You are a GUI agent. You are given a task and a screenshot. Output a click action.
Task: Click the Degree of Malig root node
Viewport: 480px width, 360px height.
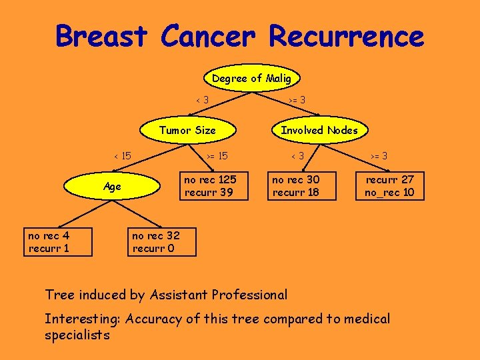click(251, 79)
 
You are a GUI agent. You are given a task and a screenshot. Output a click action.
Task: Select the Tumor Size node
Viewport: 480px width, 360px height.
click(187, 131)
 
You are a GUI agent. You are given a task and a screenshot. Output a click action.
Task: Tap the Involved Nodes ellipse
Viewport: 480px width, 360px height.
click(319, 131)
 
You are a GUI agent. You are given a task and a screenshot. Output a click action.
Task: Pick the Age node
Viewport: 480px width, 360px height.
click(113, 187)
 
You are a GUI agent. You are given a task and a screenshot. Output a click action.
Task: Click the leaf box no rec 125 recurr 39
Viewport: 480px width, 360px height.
click(210, 187)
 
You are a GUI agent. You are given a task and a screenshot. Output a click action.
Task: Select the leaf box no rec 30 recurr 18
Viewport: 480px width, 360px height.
click(295, 187)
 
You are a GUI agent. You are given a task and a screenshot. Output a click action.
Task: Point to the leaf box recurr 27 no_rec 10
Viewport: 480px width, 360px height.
click(389, 187)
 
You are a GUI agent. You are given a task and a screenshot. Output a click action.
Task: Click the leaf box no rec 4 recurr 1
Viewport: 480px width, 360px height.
click(49, 243)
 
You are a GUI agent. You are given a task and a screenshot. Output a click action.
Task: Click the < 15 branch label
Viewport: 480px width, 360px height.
click(122, 156)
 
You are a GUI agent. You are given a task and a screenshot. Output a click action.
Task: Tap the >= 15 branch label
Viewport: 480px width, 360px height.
click(217, 156)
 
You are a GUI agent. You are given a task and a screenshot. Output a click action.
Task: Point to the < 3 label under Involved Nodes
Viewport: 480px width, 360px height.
click(297, 156)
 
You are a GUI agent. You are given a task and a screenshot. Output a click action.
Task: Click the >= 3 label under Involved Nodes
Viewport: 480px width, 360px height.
click(379, 156)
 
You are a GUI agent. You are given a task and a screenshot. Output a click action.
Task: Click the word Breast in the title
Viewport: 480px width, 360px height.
click(101, 36)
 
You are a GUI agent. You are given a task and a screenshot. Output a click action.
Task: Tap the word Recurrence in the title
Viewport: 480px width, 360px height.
click(346, 36)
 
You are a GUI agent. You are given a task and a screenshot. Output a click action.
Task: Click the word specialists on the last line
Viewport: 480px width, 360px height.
click(77, 335)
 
